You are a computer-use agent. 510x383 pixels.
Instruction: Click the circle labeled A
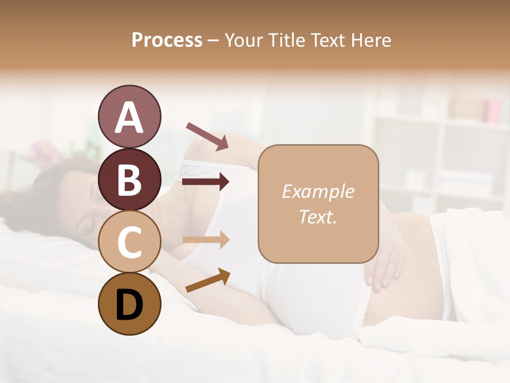point(129,116)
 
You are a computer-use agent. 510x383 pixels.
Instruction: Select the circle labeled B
point(129,179)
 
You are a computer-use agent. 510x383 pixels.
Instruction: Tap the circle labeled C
point(129,242)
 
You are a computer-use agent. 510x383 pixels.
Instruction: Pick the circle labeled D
point(129,304)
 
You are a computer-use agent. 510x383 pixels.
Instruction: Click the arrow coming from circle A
point(207,135)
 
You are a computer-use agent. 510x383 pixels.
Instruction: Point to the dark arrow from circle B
point(206,182)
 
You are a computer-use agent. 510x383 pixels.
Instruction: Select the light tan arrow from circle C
point(206,240)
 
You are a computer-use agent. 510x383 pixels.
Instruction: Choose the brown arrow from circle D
point(208,280)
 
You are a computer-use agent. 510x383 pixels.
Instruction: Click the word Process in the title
point(167,40)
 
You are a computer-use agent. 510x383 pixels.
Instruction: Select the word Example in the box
point(318,191)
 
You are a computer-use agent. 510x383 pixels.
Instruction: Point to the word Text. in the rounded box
point(318,217)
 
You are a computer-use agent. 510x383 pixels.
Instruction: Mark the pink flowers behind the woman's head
point(45,152)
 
